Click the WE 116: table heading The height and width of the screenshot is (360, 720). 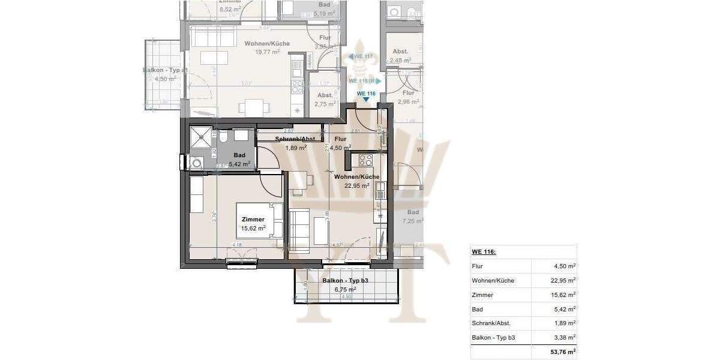coord(484,252)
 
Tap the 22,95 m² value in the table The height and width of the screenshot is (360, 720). coord(563,280)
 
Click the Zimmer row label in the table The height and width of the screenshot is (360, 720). coord(482,295)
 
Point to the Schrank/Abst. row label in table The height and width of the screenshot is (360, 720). coord(492,323)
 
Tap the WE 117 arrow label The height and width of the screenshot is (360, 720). coord(362,56)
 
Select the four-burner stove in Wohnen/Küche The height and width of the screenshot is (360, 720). coord(365,160)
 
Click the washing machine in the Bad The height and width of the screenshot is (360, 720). coord(196,163)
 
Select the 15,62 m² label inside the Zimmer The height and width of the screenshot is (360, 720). coord(253,228)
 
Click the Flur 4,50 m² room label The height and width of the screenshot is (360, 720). coord(340,143)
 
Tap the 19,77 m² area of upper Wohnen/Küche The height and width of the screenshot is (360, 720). coord(268,52)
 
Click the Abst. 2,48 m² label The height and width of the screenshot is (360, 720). coord(400,56)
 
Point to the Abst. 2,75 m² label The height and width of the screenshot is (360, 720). coord(325,100)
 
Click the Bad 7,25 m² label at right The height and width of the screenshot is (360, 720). coord(413,217)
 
